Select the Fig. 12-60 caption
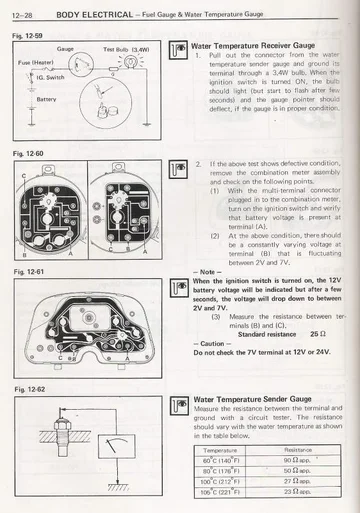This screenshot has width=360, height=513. pyautogui.click(x=25, y=155)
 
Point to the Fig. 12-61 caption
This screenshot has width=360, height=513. pyautogui.click(x=25, y=271)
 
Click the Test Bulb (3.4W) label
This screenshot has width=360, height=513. pyautogui.click(x=124, y=48)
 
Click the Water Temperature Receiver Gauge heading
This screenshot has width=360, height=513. pyautogui.click(x=251, y=46)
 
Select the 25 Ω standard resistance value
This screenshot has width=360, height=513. pyautogui.click(x=318, y=333)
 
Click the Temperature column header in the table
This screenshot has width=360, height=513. pyautogui.click(x=219, y=451)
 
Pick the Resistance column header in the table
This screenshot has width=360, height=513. pyautogui.click(x=298, y=451)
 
